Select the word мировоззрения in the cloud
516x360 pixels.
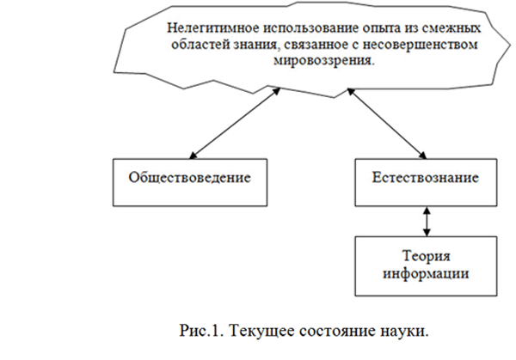pos(323,61)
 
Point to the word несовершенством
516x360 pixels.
pos(420,45)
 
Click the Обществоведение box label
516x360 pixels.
pos(189,178)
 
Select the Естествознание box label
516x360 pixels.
pos(426,178)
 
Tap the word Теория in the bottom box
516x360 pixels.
pos(427,256)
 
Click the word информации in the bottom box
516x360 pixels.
pos(426,273)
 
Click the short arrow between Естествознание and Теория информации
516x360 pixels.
pos(427,222)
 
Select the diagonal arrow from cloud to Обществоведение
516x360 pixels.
pos(235,123)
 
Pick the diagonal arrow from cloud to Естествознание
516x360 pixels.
pos(387,123)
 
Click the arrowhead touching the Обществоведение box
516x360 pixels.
pos(193,156)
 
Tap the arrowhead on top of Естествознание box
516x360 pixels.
pos(423,156)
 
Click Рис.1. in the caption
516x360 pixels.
pos(201,331)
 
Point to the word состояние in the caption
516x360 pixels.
pos(337,331)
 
